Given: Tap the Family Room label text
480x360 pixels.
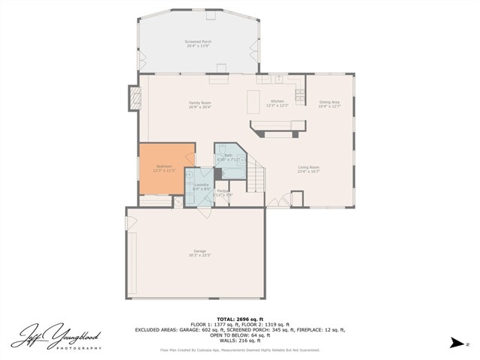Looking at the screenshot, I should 199,102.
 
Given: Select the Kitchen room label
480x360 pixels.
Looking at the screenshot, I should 277,100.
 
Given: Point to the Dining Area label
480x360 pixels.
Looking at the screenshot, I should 330,102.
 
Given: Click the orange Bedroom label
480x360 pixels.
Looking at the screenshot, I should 163,166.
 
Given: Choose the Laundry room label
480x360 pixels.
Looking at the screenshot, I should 200,184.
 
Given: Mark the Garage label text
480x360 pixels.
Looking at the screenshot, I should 199,250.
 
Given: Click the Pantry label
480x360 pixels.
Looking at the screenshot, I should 223,191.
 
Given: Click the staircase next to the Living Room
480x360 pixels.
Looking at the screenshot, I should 257,178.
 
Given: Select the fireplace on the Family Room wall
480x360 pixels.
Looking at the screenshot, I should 136,98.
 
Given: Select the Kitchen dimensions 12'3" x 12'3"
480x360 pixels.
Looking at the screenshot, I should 277,105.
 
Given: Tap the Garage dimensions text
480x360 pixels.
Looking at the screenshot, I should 199,255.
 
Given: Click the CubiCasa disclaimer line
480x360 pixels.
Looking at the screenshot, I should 239,349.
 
